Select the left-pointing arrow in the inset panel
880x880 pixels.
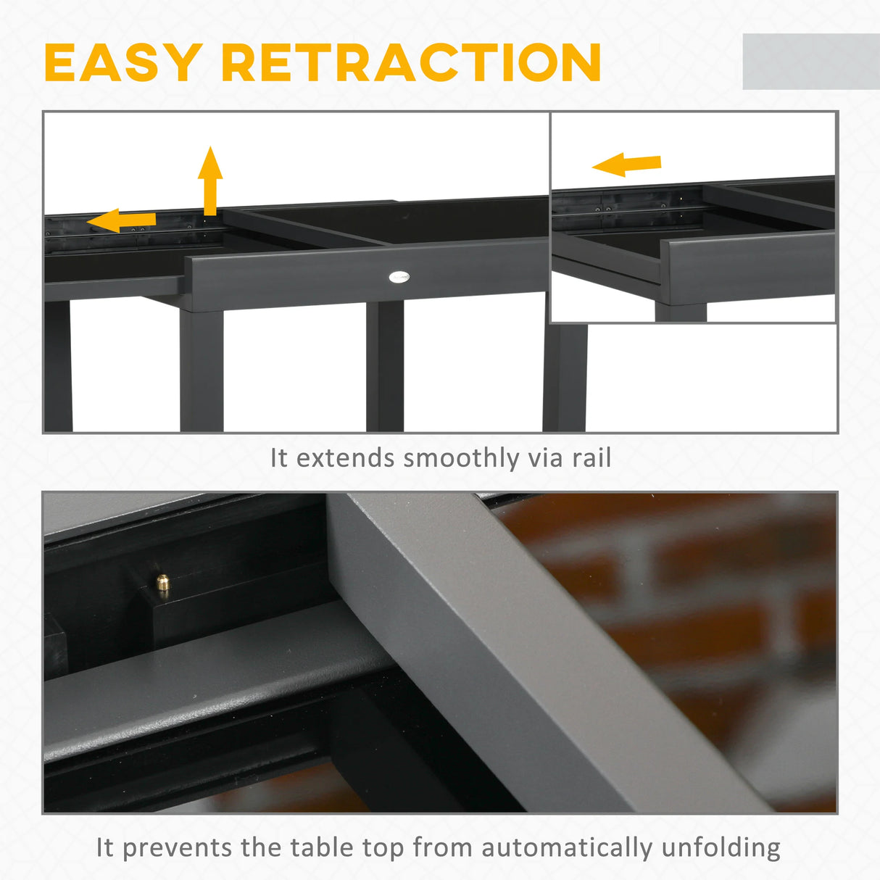[x=626, y=165]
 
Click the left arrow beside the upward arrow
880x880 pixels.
[x=121, y=220]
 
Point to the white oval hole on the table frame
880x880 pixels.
[x=399, y=276]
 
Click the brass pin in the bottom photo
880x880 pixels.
[x=163, y=584]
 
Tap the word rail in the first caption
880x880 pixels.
[x=591, y=458]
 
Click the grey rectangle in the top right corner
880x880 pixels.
[x=810, y=62]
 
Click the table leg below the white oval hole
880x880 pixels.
[x=384, y=366]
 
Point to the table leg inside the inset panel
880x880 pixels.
[x=680, y=312]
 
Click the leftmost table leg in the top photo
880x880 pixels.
[x=58, y=366]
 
